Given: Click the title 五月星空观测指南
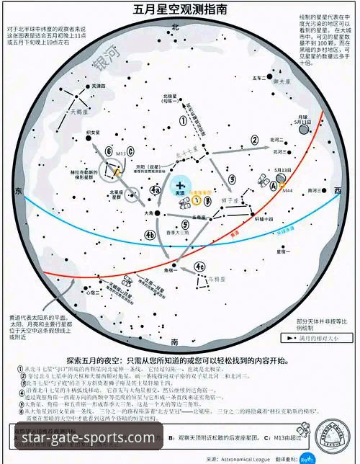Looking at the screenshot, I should point(179,10).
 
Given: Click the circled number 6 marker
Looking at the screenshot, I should point(108,151).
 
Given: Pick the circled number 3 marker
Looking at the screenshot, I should point(231,179).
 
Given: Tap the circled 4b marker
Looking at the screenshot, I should point(150,234).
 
